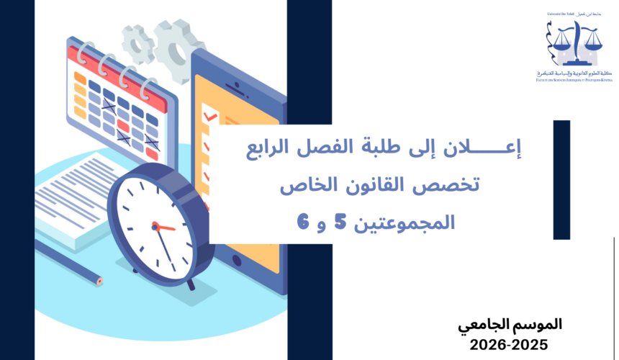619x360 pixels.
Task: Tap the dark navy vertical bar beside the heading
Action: pos(561,179)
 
